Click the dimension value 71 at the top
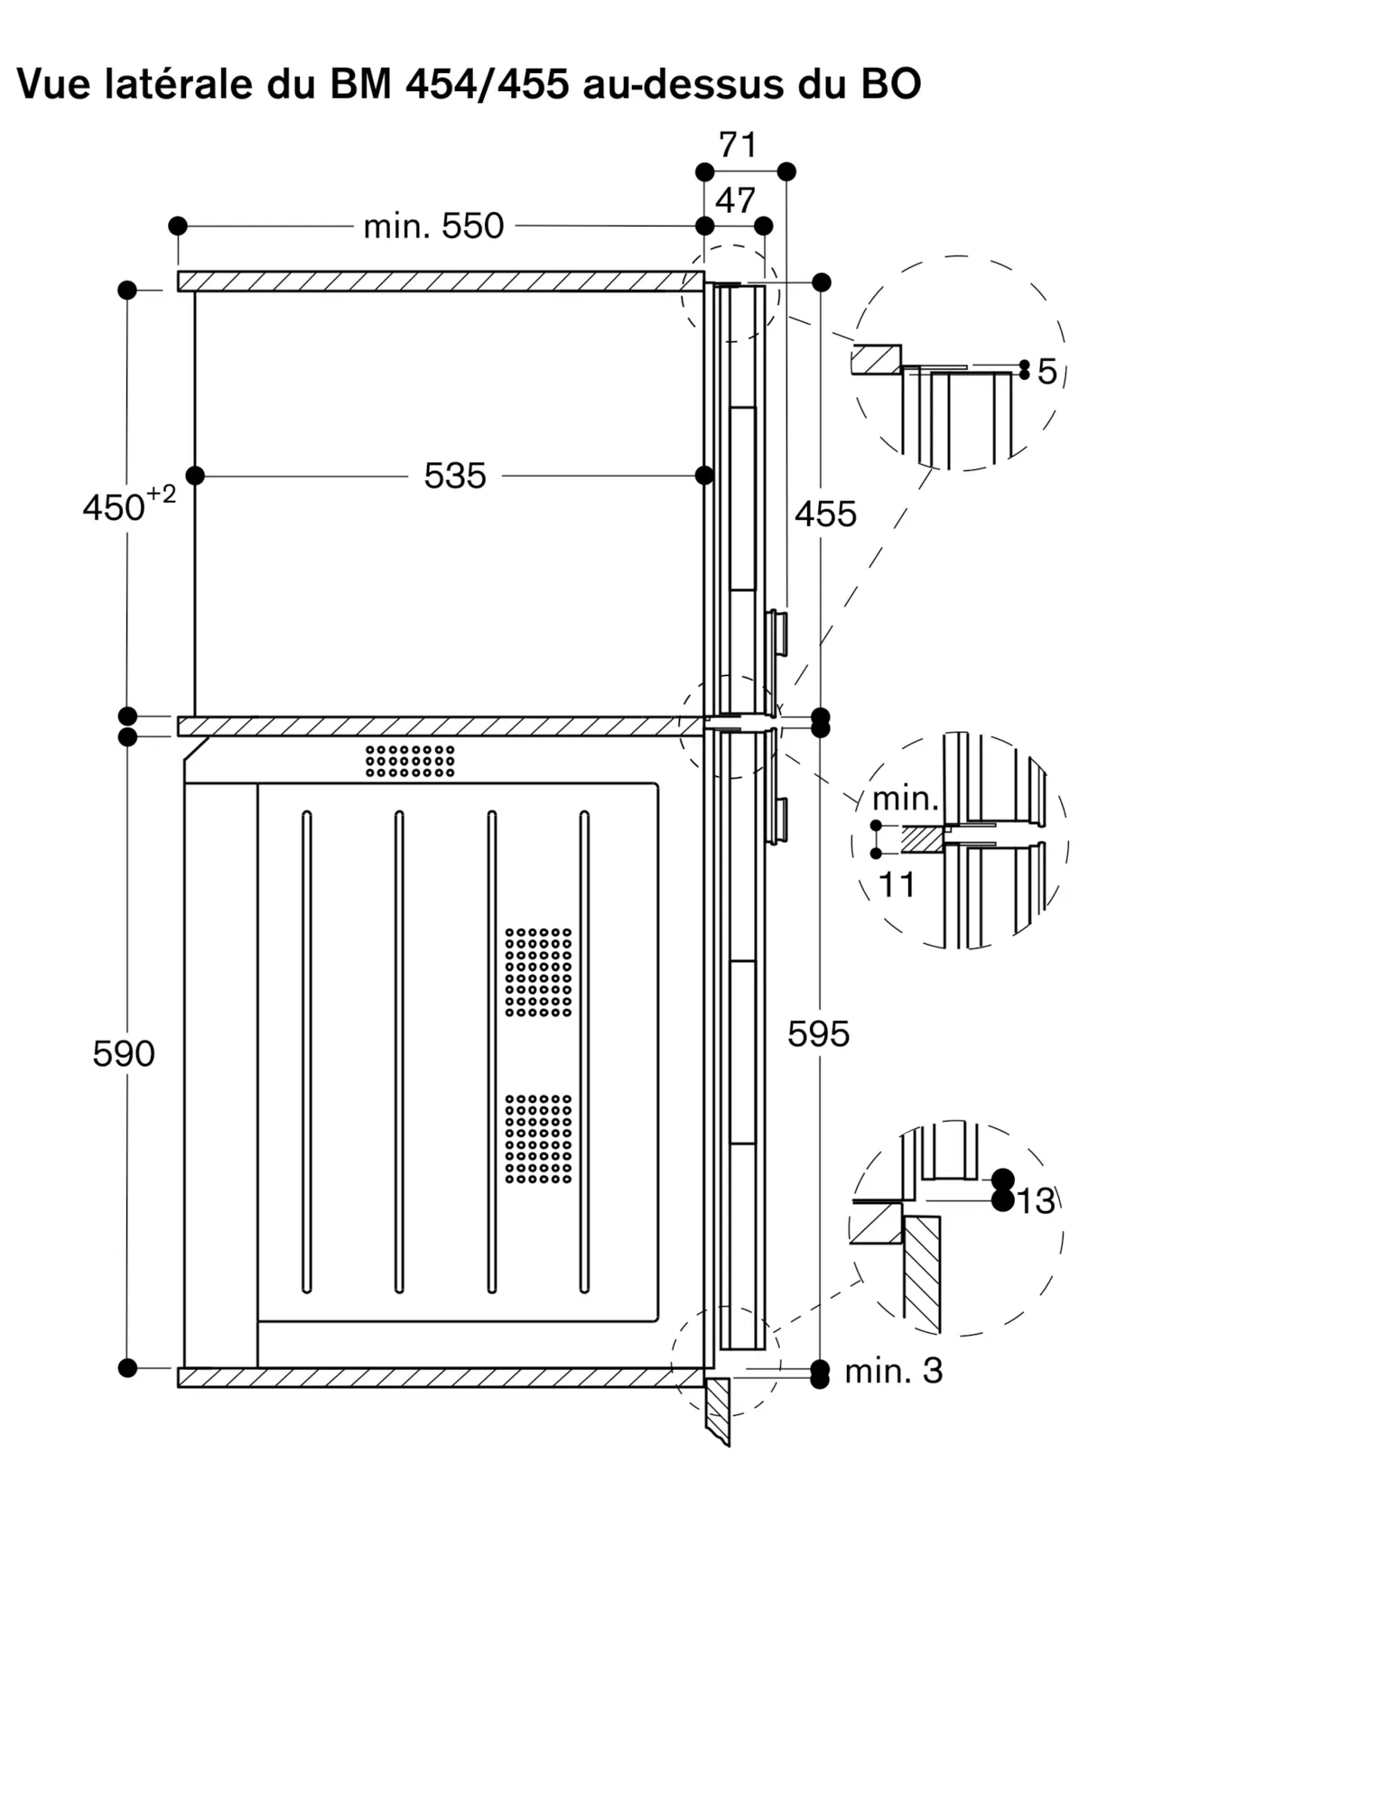[738, 144]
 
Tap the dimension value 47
[735, 200]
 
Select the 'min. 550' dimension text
[433, 226]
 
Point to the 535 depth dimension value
[455, 476]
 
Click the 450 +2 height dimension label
[128, 504]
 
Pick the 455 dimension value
[825, 514]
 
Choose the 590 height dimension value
[124, 1053]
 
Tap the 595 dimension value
[818, 1034]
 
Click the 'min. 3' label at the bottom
[893, 1371]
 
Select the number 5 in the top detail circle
[1046, 372]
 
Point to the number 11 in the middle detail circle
[897, 885]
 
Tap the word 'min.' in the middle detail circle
[906, 799]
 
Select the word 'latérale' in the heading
[175, 84]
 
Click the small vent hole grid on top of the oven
[410, 761]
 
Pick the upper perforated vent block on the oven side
[538, 972]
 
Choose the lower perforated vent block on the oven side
[538, 1139]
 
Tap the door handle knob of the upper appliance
[777, 633]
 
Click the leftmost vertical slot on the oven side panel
[306, 1051]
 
